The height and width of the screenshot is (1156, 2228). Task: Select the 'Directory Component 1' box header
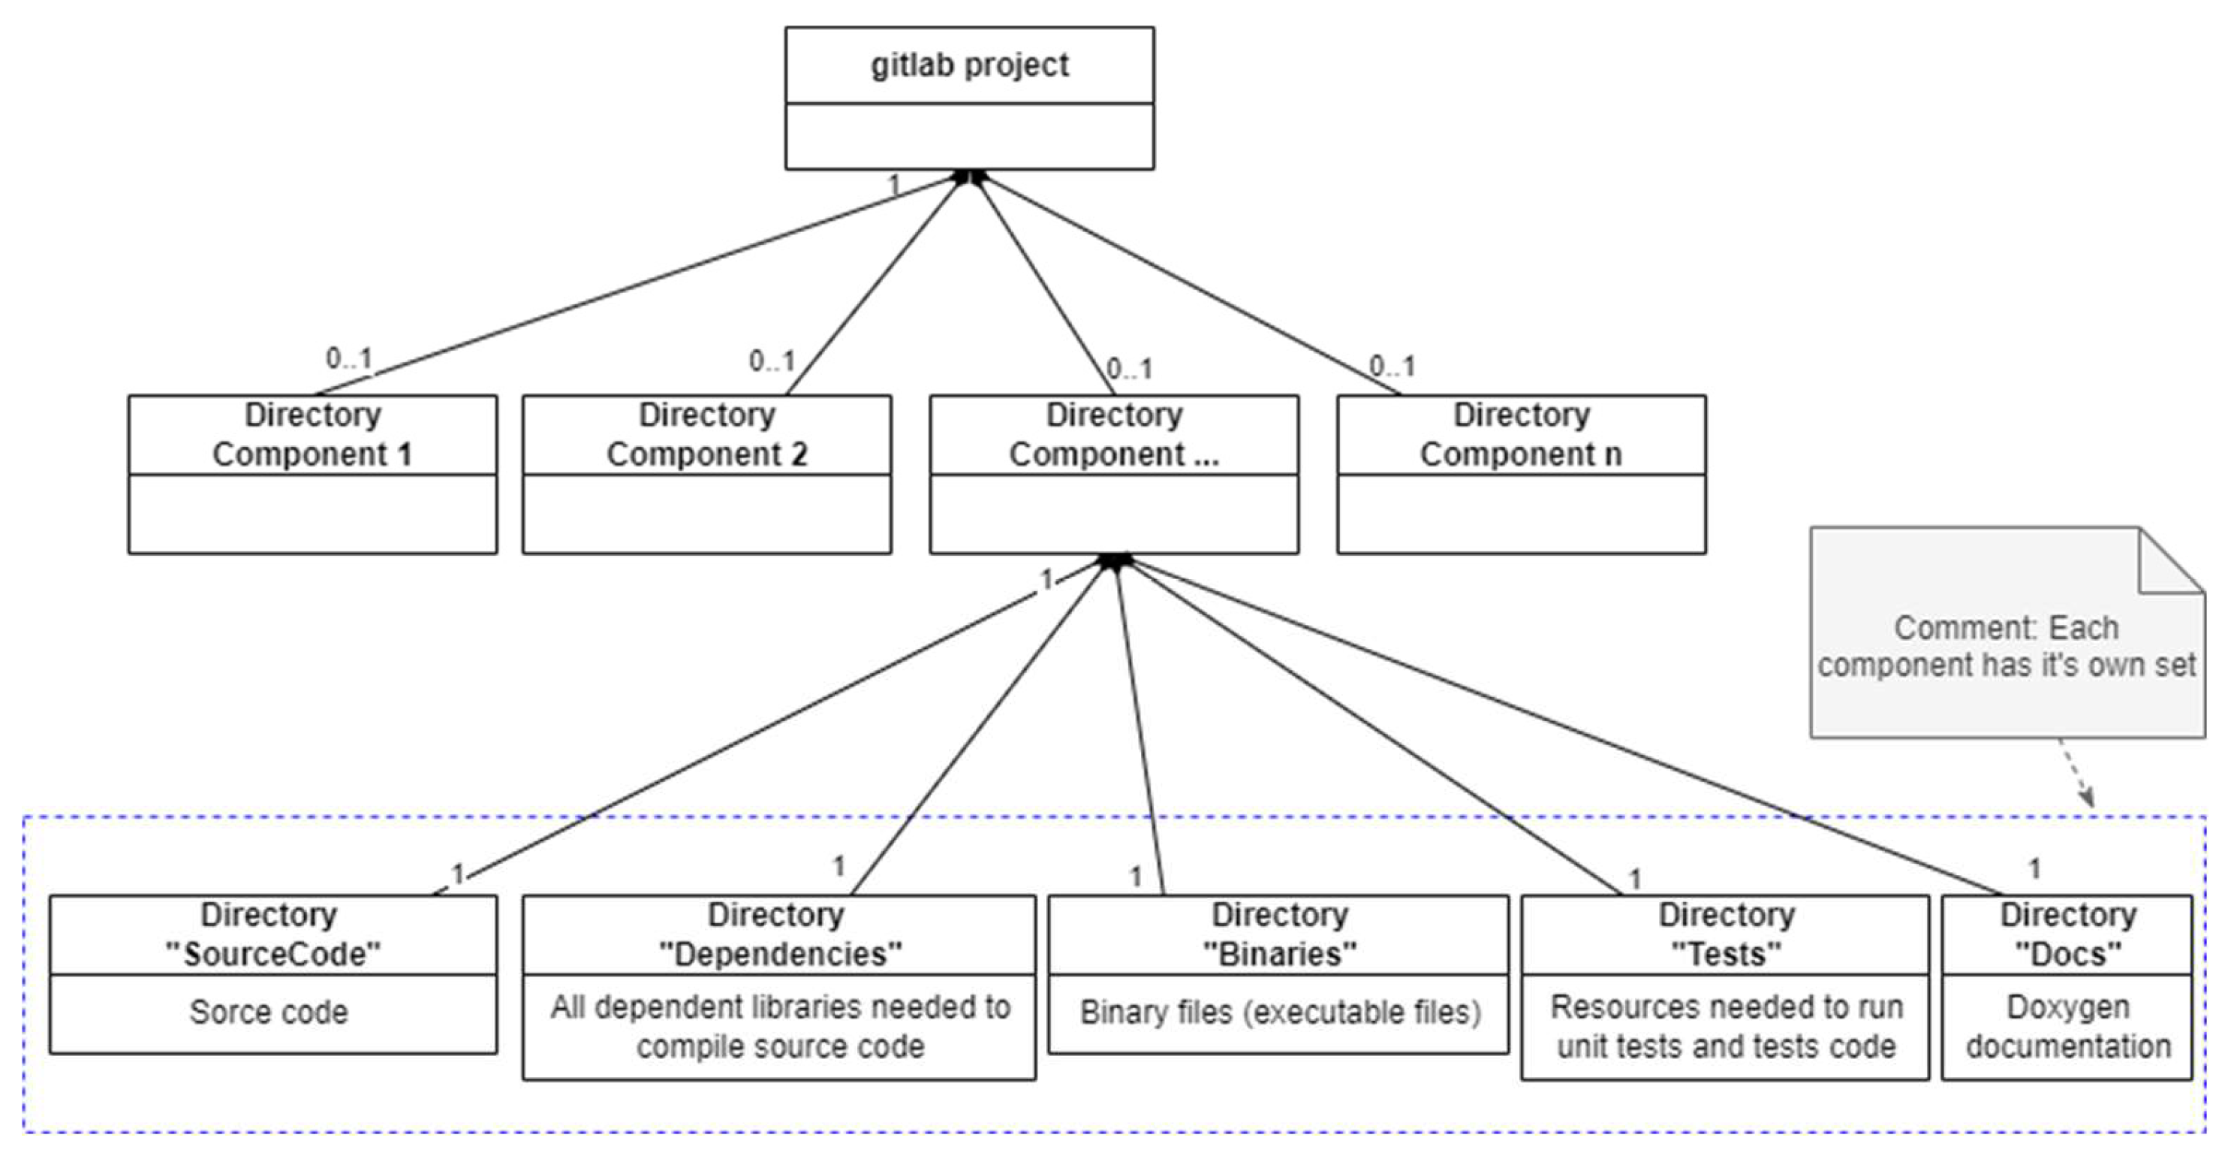click(x=312, y=434)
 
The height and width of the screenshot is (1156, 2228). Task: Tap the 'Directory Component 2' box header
click(x=706, y=434)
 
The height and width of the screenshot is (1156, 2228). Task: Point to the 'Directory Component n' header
click(x=1521, y=434)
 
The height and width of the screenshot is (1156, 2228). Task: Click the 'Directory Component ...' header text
click(x=1113, y=434)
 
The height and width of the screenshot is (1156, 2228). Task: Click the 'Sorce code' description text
click(x=269, y=1012)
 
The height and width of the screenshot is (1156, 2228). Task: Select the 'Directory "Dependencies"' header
click(x=778, y=934)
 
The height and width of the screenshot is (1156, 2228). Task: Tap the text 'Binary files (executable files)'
click(x=1279, y=1012)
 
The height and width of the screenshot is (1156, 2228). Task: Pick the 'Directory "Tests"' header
click(x=1726, y=934)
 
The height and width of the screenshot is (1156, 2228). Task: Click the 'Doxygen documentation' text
click(x=2067, y=1026)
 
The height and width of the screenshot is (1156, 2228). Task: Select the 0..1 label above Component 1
click(x=348, y=358)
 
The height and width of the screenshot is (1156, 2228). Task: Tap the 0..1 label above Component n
click(x=1392, y=366)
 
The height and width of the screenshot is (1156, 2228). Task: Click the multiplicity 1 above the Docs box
click(x=2035, y=868)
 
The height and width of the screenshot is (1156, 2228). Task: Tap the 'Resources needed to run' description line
click(x=1727, y=1007)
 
